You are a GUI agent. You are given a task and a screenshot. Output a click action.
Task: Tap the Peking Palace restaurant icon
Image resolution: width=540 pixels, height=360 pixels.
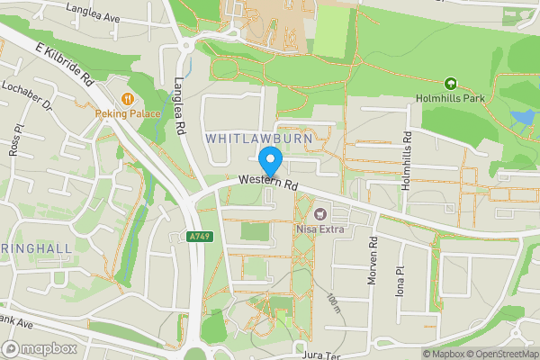click(x=130, y=98)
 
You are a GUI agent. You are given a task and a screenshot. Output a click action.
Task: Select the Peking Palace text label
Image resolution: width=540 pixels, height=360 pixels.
click(x=130, y=114)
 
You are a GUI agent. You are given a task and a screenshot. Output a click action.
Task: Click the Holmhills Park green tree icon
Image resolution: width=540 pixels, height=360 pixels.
click(x=451, y=83)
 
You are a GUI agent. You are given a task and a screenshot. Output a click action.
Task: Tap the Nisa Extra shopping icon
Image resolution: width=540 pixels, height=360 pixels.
click(x=319, y=213)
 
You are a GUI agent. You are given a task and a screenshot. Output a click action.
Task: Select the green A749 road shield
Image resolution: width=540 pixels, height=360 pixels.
click(x=200, y=237)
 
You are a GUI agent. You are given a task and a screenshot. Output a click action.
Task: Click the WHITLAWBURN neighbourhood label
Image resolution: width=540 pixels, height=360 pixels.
click(x=258, y=139)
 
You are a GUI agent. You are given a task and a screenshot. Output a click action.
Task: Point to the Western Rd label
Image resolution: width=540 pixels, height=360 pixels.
click(x=267, y=184)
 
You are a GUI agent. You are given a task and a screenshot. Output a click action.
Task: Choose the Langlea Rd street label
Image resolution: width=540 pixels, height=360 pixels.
click(x=178, y=104)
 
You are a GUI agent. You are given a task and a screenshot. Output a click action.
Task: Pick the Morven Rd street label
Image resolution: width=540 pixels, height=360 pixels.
click(x=371, y=262)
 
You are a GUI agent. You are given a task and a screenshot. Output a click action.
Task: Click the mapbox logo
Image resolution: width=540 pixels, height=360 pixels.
click(x=40, y=348)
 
